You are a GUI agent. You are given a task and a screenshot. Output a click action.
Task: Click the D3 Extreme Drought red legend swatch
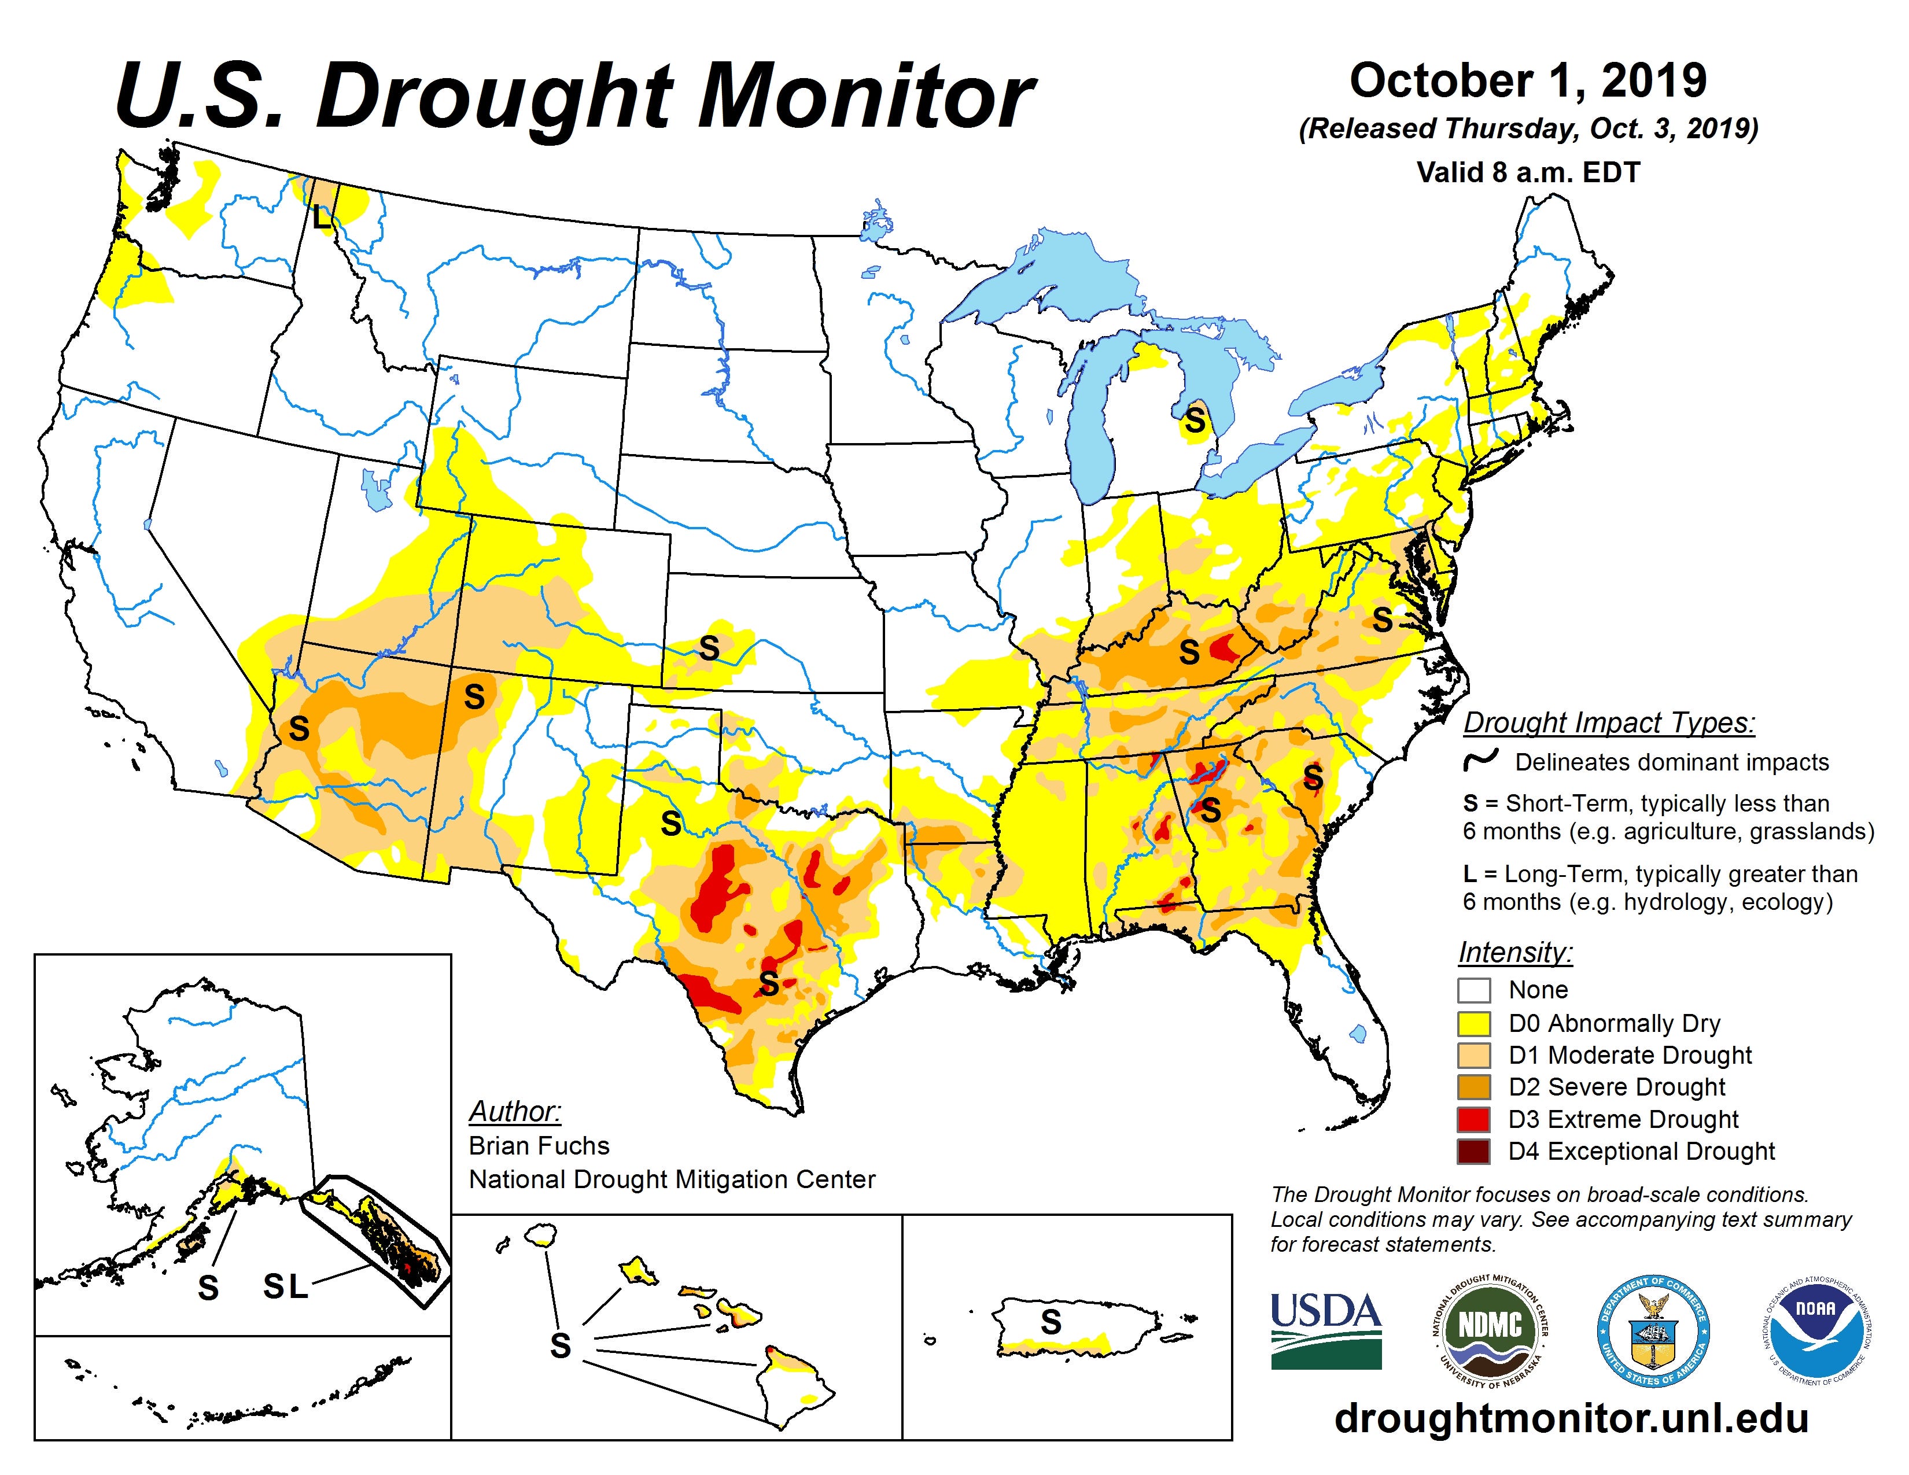[1474, 1119]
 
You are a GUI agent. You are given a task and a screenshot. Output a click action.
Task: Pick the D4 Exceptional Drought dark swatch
[1474, 1152]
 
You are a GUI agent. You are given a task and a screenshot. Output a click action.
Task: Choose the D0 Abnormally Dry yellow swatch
[1474, 1022]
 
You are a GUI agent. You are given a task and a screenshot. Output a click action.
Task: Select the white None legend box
[1474, 990]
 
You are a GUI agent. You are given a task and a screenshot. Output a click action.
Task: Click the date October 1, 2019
[1528, 80]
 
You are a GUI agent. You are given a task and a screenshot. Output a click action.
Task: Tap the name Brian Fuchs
[539, 1145]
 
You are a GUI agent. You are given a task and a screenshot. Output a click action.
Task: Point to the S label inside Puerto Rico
[1051, 1322]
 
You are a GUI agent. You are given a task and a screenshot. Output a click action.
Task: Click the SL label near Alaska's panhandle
[286, 1285]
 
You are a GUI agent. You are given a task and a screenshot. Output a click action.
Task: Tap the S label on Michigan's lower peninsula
[1194, 422]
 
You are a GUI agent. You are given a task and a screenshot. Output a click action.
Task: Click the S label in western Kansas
[709, 648]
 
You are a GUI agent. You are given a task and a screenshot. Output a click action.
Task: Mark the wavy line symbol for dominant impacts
[1481, 759]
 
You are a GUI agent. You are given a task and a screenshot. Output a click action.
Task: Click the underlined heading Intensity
[1515, 953]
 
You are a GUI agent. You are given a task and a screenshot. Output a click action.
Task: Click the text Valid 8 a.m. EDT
[1528, 172]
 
